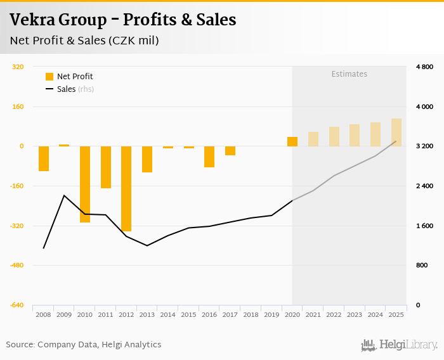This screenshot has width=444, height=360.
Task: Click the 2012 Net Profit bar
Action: coord(126,189)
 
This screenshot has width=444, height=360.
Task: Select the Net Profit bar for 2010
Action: coord(85,184)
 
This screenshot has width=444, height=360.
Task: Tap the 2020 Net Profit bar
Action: coord(292,141)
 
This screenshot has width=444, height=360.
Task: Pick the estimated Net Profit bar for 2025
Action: coord(396,132)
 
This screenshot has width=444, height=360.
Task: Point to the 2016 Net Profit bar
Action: coord(209,157)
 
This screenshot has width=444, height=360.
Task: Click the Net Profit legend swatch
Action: coord(49,77)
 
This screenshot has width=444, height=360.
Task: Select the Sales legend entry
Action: coord(70,89)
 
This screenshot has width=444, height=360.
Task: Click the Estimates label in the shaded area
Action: coord(349,74)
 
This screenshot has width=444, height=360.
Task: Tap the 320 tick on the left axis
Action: coord(18,67)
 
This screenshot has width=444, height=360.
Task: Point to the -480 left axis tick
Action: coord(16,266)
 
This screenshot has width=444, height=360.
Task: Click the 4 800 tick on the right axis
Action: coord(424,67)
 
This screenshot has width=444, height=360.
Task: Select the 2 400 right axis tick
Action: coord(424,186)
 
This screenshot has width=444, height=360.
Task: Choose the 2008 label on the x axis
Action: coord(43,314)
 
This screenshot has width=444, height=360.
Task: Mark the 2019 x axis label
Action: coord(271,314)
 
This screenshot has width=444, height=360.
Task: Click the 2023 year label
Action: coord(355,314)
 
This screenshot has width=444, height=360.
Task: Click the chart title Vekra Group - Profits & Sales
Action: coord(123,20)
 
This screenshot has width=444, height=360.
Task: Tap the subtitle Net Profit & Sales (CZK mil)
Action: coord(84,41)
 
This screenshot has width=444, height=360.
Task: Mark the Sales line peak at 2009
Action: coord(64,195)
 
